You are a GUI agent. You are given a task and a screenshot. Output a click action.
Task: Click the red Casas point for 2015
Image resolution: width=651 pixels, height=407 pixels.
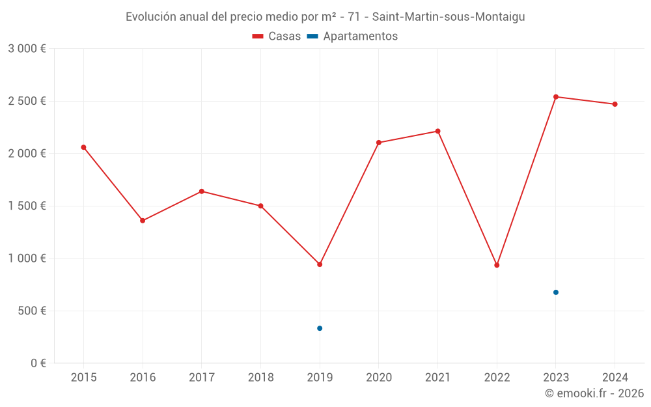pos(83,147)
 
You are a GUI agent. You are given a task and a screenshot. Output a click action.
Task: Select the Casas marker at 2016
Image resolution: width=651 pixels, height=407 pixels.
pos(143,221)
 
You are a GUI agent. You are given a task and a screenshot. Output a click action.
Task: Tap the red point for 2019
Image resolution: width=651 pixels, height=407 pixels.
pos(320,264)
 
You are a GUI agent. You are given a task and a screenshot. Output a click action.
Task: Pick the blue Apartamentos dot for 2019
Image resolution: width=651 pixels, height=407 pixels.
pos(320,328)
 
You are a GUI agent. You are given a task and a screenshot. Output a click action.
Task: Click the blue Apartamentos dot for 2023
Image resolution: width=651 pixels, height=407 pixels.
pos(556,292)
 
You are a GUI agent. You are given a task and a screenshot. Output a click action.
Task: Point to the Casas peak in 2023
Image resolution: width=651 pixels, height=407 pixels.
pos(556,97)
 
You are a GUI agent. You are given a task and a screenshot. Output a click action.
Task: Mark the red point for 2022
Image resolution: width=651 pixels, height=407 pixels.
pos(497,265)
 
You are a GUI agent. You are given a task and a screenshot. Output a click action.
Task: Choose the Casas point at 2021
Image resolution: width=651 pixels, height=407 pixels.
pos(437,131)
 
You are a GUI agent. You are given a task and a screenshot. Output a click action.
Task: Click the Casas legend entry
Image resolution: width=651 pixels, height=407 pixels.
pos(277,36)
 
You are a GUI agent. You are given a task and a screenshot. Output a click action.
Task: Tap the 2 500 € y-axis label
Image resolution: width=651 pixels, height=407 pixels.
pos(27,101)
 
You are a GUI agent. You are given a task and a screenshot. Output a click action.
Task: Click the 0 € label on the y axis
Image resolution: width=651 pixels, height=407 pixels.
pos(38,363)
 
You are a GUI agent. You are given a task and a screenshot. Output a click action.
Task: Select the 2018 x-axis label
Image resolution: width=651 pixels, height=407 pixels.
pos(260,377)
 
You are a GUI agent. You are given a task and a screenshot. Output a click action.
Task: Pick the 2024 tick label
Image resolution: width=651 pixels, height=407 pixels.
pos(615,377)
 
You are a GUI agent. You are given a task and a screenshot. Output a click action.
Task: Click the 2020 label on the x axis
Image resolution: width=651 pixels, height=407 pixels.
pos(379,377)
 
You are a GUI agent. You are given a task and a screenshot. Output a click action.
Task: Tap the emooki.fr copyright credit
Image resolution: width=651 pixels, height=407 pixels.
pos(594,393)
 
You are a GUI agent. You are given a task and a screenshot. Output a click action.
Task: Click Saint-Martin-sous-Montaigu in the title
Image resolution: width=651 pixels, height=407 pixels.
pos(449,17)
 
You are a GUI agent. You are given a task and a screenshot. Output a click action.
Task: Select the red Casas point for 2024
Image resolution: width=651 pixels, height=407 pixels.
pos(615,104)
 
